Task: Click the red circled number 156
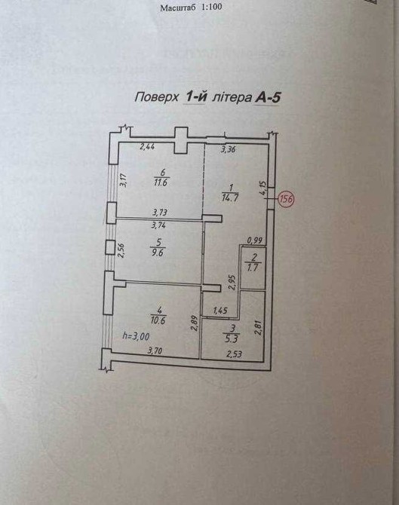286,199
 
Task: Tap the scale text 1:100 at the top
211,7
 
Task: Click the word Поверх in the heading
156,97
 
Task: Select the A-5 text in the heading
268,97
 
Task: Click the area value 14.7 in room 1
230,197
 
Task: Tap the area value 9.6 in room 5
158,252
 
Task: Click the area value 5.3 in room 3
234,338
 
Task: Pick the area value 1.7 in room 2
253,267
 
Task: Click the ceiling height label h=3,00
136,336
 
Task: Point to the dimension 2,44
147,147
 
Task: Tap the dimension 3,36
229,148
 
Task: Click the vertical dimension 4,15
263,188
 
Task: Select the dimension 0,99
255,240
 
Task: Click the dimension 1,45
220,311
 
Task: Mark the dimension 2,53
235,354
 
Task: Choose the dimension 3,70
155,350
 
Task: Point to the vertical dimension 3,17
123,180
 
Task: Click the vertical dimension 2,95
232,283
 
